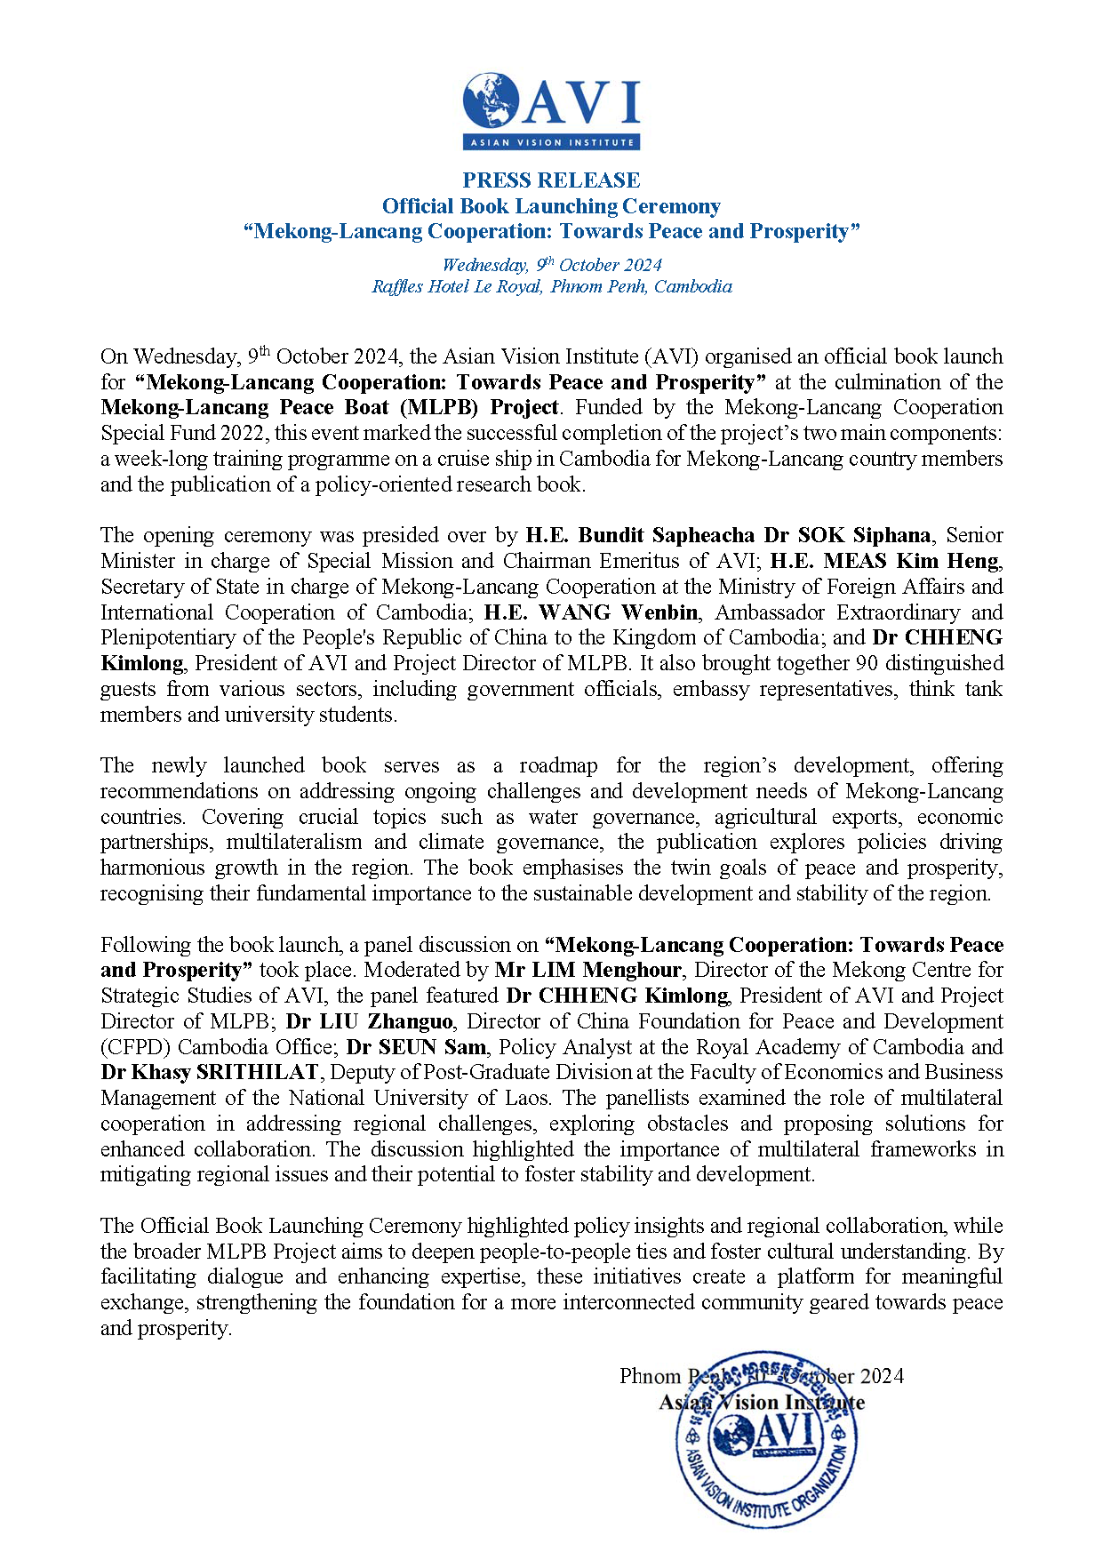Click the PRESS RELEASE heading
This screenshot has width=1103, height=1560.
coord(551,180)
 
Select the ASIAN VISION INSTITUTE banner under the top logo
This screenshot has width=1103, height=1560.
coord(551,142)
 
